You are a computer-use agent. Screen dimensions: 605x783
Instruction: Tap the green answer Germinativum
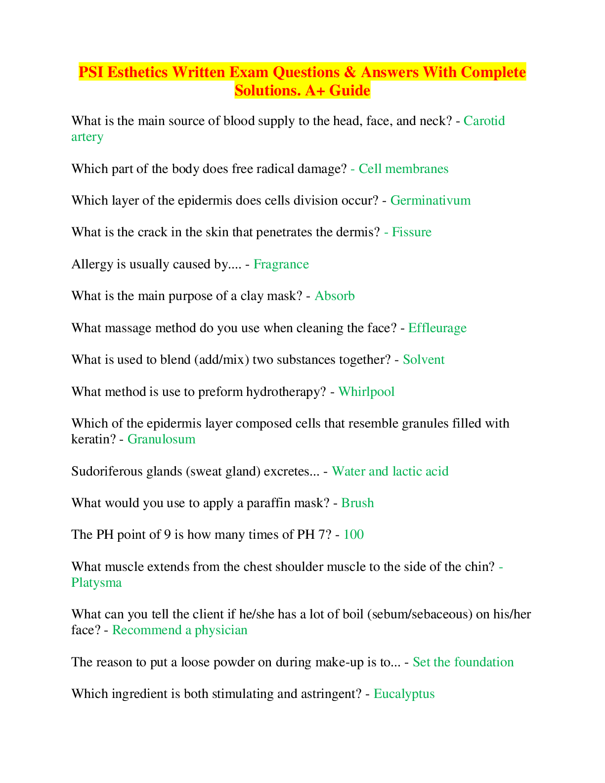pyautogui.click(x=430, y=200)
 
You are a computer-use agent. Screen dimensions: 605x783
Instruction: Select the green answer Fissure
pyautogui.click(x=412, y=232)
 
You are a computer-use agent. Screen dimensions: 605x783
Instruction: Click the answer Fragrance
pyautogui.click(x=281, y=264)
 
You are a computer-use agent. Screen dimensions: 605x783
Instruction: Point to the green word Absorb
pyautogui.click(x=335, y=296)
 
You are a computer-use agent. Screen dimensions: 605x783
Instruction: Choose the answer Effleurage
pyautogui.click(x=437, y=328)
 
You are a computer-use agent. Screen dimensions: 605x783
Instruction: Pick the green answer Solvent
pyautogui.click(x=424, y=359)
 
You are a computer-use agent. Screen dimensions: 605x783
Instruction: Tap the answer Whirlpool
pyautogui.click(x=366, y=391)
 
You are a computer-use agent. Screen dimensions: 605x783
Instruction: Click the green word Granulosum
pyautogui.click(x=162, y=439)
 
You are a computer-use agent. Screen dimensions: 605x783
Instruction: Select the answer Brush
pyautogui.click(x=357, y=503)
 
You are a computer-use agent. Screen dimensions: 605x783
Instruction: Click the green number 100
pyautogui.click(x=353, y=535)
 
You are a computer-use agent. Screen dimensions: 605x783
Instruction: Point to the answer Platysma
pyautogui.click(x=96, y=583)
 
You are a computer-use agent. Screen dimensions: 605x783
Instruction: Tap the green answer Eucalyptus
pyautogui.click(x=404, y=694)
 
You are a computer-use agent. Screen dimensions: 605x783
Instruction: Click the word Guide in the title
pyautogui.click(x=349, y=90)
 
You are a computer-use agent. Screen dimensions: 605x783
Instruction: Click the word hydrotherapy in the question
pyautogui.click(x=286, y=391)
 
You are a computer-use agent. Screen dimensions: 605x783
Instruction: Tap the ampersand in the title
pyautogui.click(x=350, y=72)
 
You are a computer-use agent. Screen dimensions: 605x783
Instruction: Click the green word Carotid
pyautogui.click(x=484, y=121)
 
